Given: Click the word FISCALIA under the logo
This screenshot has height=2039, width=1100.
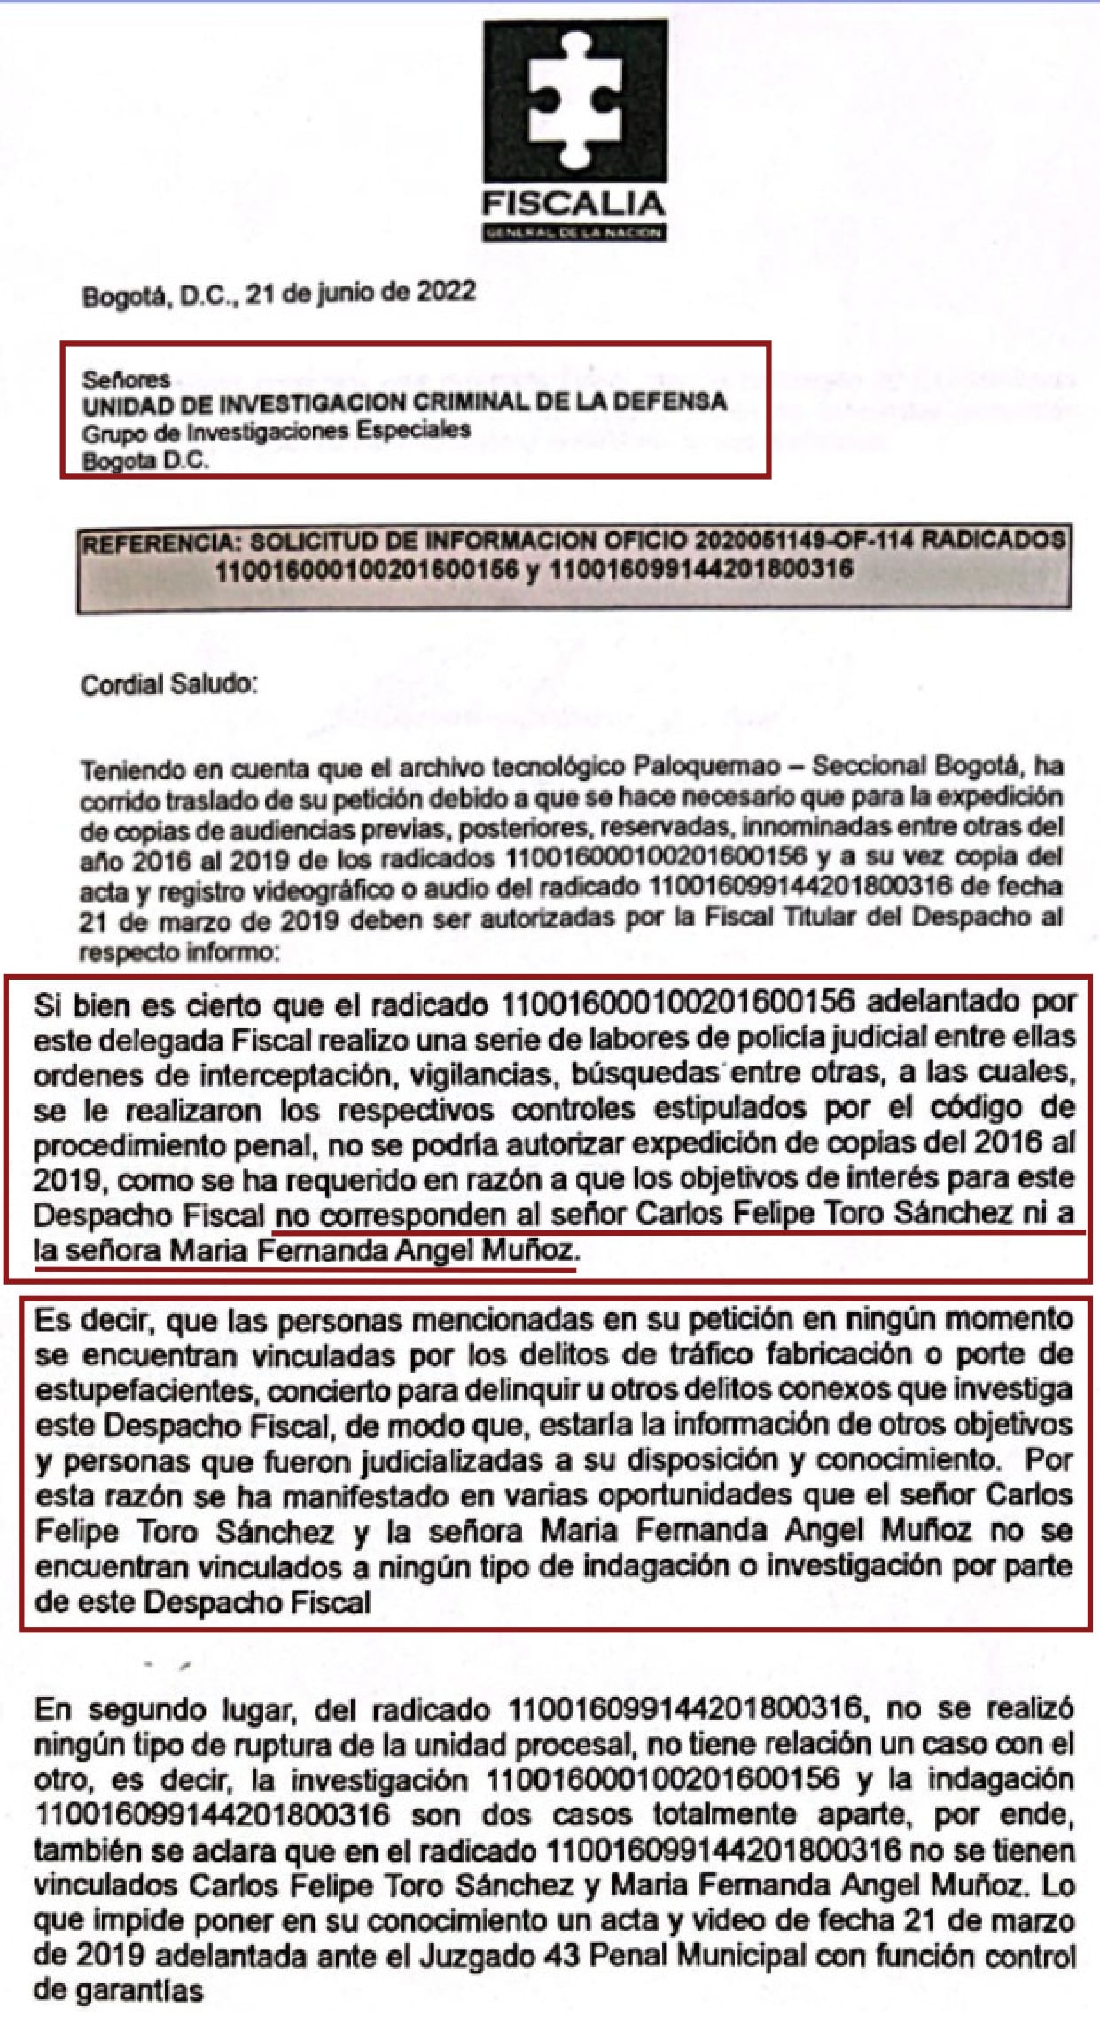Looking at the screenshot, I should (573, 205).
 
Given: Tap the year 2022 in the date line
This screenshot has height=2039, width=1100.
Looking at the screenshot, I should (447, 292).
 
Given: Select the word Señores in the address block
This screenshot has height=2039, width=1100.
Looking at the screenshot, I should (126, 379).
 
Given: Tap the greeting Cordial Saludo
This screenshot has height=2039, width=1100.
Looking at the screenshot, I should (169, 685).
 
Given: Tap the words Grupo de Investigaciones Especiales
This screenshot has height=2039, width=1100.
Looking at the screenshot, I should (277, 432).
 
